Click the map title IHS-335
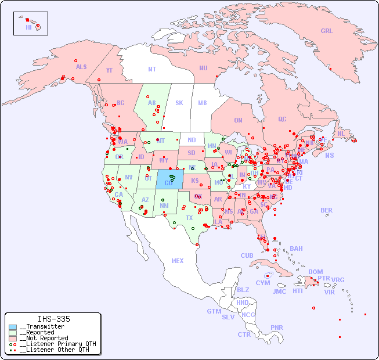pyautogui.click(x=53, y=319)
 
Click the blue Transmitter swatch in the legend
pyautogui.click(x=13, y=327)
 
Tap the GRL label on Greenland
pyautogui.click(x=327, y=31)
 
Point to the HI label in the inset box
pyautogui.click(x=28, y=27)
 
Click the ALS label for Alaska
pyautogui.click(x=81, y=67)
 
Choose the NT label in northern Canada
pyautogui.click(x=152, y=69)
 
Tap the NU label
pyautogui.click(x=203, y=68)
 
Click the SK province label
pyautogui.click(x=179, y=103)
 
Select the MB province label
pyautogui.click(x=202, y=103)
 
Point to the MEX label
pyautogui.click(x=178, y=261)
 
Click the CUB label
pyautogui.click(x=247, y=255)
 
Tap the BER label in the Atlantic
pyautogui.click(x=326, y=210)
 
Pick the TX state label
pyautogui.click(x=189, y=218)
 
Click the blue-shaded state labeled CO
pyautogui.click(x=168, y=183)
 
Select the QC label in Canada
pyautogui.click(x=282, y=119)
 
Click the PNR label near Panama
pyautogui.click(x=277, y=327)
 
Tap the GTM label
pyautogui.click(x=214, y=311)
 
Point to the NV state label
pyautogui.click(x=129, y=177)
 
